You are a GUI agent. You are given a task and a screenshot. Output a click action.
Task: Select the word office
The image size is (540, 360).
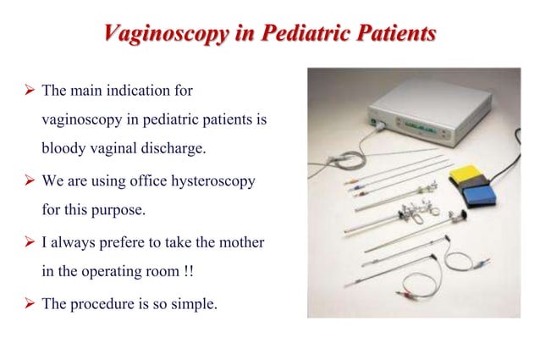point(147,181)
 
